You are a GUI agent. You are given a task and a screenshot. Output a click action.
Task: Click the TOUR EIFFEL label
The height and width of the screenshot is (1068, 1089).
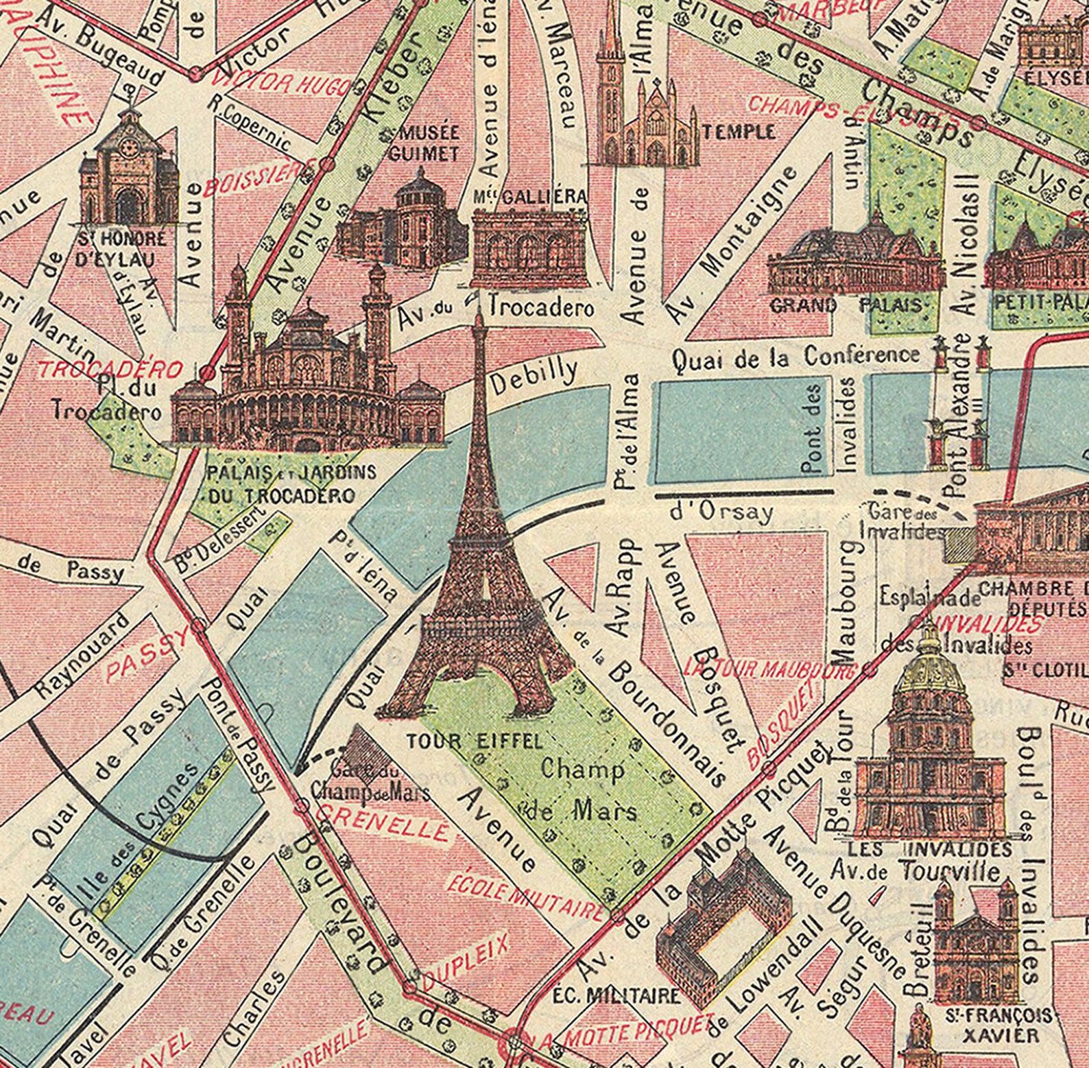[475, 741]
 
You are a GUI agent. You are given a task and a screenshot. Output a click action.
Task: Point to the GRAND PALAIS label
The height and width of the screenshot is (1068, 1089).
[845, 305]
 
